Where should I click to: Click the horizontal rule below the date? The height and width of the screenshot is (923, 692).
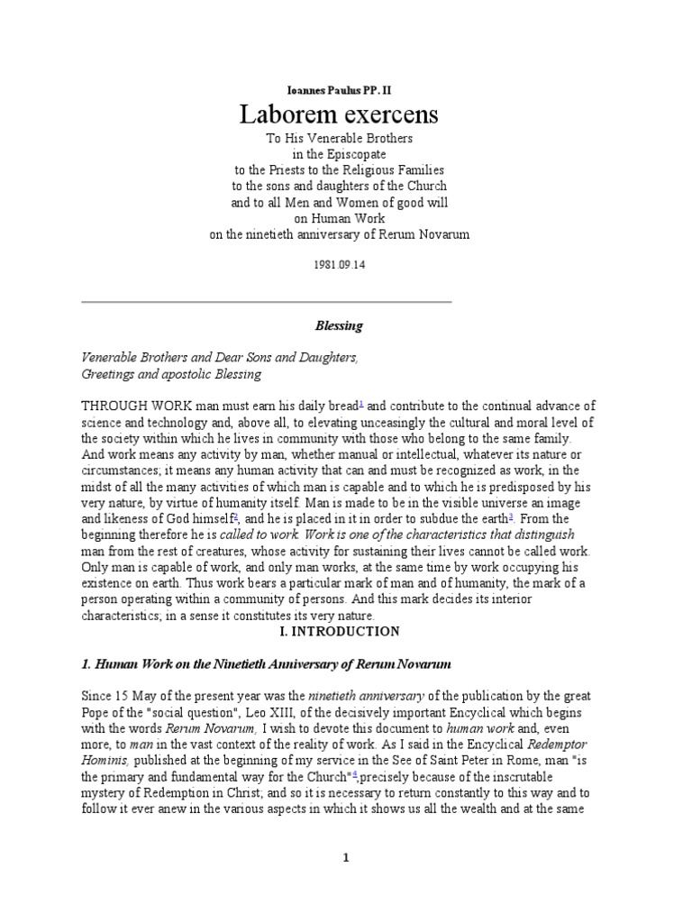coord(266,300)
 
